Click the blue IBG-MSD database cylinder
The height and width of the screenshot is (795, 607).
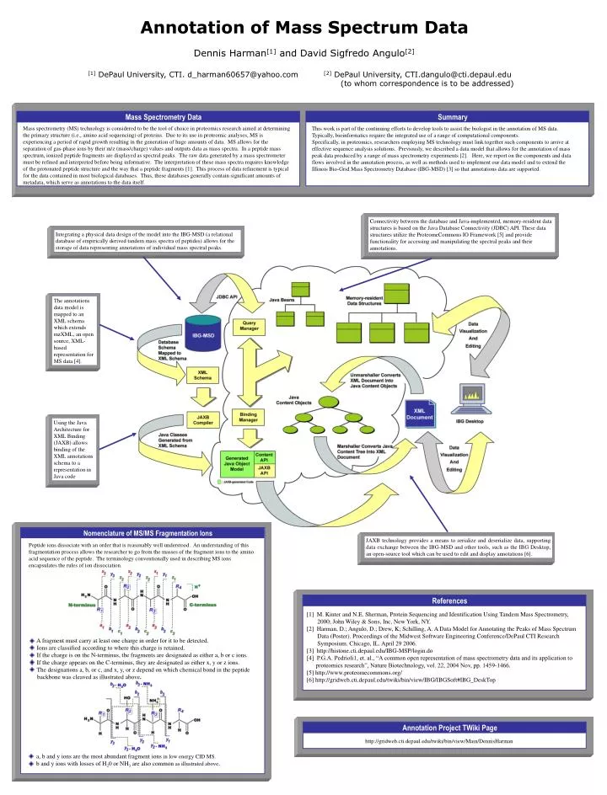(x=203, y=334)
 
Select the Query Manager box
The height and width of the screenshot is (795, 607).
(x=249, y=327)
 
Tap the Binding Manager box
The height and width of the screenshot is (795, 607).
(x=249, y=416)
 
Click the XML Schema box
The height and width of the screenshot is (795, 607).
(x=204, y=375)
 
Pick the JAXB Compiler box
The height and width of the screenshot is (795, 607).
(x=203, y=419)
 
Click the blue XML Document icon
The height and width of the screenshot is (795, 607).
(x=419, y=414)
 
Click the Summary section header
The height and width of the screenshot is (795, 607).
(x=452, y=117)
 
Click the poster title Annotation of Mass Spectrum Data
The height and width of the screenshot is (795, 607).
(x=303, y=27)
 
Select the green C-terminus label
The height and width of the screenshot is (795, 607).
(x=206, y=604)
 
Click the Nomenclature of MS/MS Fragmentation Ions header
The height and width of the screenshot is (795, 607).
(x=147, y=534)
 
